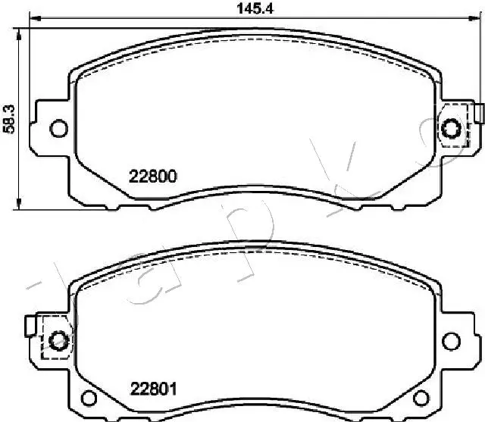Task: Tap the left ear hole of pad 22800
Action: [57, 128]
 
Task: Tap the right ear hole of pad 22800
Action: [452, 128]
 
